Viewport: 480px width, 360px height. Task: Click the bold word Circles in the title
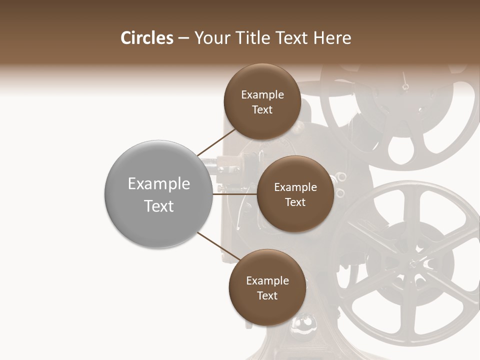point(146,38)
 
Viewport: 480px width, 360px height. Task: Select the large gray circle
point(158,194)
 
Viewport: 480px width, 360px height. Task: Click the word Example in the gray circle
point(158,184)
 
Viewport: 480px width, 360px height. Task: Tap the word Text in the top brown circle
point(262,110)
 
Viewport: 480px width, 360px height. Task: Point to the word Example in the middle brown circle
point(295,187)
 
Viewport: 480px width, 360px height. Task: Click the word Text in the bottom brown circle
point(267,295)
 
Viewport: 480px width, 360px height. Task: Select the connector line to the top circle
point(216,142)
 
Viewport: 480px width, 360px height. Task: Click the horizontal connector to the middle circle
point(235,194)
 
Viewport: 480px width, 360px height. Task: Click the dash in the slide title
point(183,38)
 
